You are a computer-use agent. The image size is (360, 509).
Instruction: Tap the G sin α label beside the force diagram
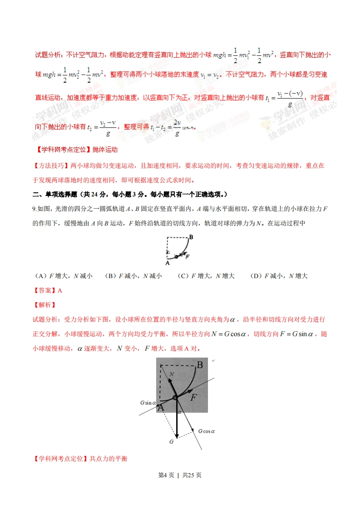tap(148, 402)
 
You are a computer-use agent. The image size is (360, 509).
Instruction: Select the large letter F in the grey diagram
tap(194, 397)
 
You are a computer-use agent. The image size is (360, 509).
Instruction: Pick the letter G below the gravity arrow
tap(172, 441)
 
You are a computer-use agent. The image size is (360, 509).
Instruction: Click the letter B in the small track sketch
tap(192, 237)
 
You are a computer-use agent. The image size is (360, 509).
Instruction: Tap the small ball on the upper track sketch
tap(176, 257)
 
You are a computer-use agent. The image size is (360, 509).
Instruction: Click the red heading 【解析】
tap(44, 305)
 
